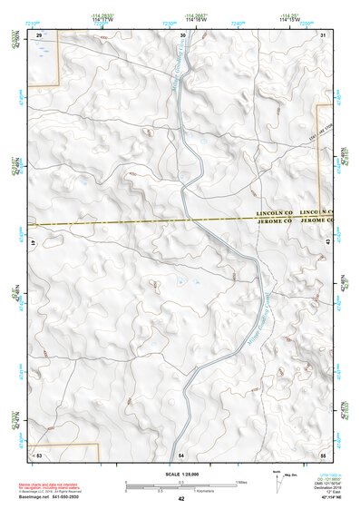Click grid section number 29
pos(39,34)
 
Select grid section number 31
pos(324,34)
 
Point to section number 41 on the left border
pos(34,243)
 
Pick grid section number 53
pos(39,453)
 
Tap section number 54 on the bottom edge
pos(181,453)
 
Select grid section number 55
pos(324,453)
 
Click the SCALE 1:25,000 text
pos(181,474)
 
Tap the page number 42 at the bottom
pos(181,499)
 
